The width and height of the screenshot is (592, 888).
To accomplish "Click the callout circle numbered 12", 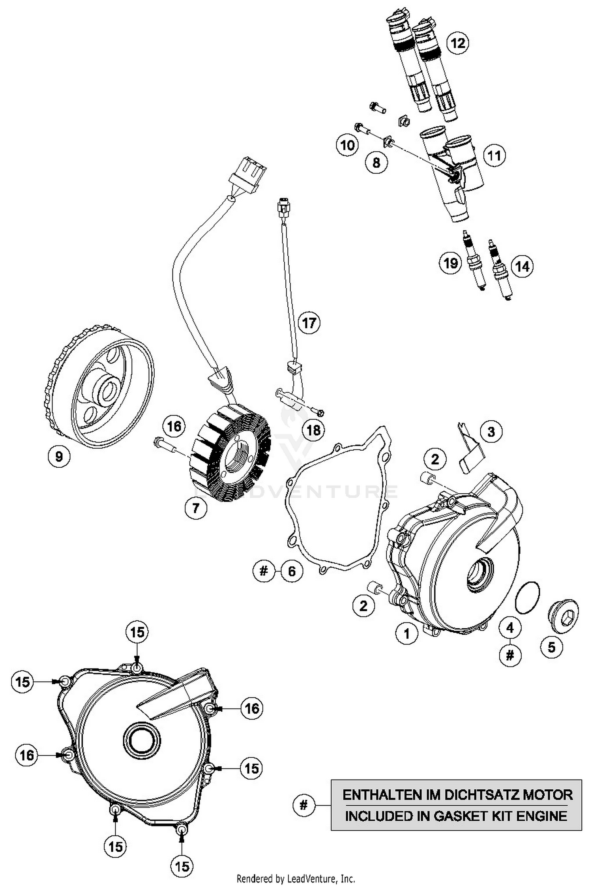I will point(458,43).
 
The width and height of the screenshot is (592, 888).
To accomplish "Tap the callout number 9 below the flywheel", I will point(59,457).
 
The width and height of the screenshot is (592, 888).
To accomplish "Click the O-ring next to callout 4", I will point(528,597).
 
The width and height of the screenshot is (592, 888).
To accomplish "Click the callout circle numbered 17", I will point(309,323).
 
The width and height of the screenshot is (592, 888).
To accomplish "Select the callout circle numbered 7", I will point(196,508).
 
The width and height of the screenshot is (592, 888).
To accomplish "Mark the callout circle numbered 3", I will point(491,431).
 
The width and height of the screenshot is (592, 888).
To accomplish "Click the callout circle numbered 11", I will point(494,155).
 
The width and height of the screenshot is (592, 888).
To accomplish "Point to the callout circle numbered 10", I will point(347,146).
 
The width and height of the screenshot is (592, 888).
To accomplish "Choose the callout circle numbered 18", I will point(313,430).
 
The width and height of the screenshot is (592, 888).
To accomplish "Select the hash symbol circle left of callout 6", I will point(264,571).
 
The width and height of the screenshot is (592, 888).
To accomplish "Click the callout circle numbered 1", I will point(407,633).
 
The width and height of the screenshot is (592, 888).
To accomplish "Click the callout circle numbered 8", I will point(376,162).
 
